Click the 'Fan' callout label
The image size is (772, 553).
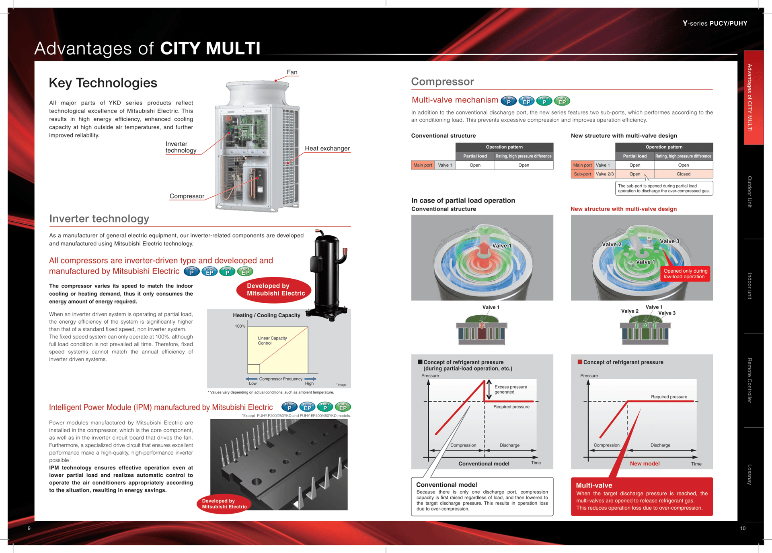tap(292, 72)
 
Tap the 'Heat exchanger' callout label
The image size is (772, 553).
tap(327, 148)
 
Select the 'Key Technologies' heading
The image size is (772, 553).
tap(103, 83)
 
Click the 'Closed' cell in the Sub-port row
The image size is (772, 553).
tap(683, 174)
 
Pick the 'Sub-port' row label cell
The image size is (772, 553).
tap(582, 174)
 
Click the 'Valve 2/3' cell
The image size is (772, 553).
tap(604, 174)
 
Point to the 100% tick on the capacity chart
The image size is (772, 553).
tap(240, 326)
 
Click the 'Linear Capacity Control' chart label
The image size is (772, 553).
tap(272, 341)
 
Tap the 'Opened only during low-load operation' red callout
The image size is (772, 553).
tap(685, 273)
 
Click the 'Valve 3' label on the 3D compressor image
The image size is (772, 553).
tap(669, 241)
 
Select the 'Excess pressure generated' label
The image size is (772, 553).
tap(510, 389)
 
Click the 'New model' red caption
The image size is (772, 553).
tap(645, 463)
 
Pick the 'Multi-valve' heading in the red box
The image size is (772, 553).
tap(594, 485)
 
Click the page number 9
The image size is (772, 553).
tap(29, 528)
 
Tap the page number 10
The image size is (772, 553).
tap(743, 528)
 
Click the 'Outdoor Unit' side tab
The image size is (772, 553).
tap(749, 192)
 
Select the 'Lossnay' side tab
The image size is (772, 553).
tap(749, 474)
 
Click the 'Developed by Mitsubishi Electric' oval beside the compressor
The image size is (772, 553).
tap(276, 290)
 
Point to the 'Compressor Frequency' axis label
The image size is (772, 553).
tap(281, 379)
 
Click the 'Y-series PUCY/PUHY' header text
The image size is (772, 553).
tap(715, 23)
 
